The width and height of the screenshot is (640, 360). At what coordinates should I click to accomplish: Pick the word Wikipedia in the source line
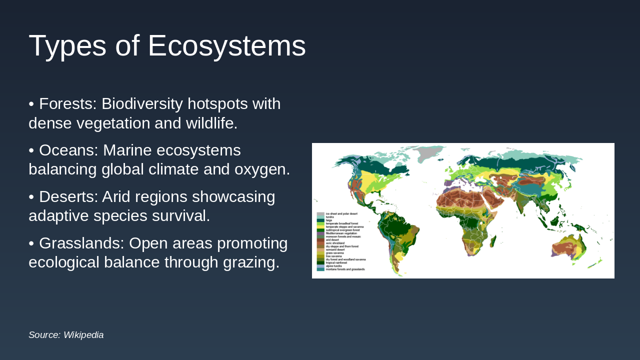coord(83,335)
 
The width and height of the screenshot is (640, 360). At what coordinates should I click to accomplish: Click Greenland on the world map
coord(427,153)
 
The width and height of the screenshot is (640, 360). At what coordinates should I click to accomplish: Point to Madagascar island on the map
coord(493,241)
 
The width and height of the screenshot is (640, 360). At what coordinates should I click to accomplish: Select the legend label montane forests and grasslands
coord(345,269)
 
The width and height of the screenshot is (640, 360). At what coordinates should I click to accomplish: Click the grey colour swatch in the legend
coord(320,214)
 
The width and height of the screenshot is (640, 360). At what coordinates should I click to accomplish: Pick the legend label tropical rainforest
coord(336,263)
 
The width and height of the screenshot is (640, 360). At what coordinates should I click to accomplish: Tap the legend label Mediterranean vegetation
coord(341,233)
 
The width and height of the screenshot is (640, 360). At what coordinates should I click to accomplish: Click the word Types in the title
coord(68,46)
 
